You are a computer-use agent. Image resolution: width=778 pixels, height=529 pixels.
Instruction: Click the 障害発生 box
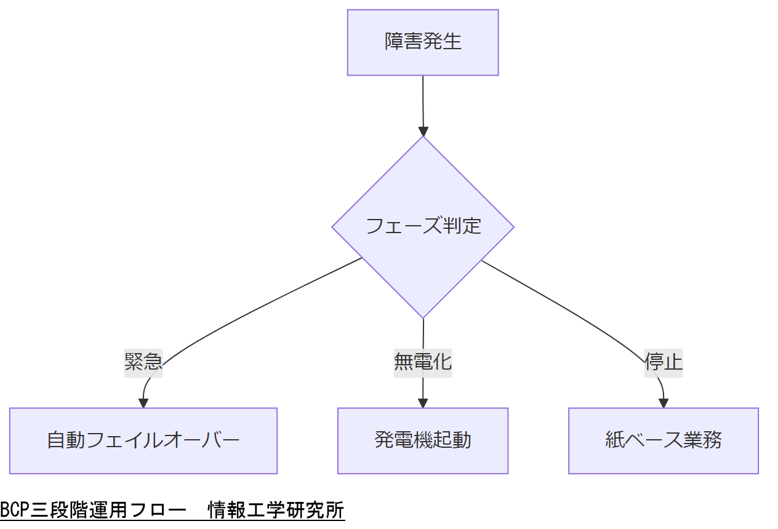click(423, 42)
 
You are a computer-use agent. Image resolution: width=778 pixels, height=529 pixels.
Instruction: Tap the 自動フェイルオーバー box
click(143, 440)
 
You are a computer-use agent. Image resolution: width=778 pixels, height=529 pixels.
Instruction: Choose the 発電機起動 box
click(423, 440)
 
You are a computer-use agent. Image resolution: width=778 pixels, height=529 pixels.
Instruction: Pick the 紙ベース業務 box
click(663, 440)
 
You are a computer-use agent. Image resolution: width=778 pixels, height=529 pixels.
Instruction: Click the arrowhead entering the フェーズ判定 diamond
click(423, 131)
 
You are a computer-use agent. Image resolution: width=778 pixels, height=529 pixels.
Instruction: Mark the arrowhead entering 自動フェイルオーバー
click(143, 404)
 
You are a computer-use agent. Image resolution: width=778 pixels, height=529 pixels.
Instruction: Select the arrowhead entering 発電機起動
click(423, 404)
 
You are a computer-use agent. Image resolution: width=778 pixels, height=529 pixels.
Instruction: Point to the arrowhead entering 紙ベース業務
click(664, 404)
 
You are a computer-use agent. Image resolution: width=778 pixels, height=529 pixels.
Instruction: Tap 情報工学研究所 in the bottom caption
click(276, 511)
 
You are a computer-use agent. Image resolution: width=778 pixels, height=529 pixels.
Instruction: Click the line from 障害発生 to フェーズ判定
click(423, 101)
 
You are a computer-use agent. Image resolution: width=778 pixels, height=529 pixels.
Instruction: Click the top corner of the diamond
click(423, 137)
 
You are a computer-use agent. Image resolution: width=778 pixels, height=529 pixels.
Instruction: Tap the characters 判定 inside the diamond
click(462, 226)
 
